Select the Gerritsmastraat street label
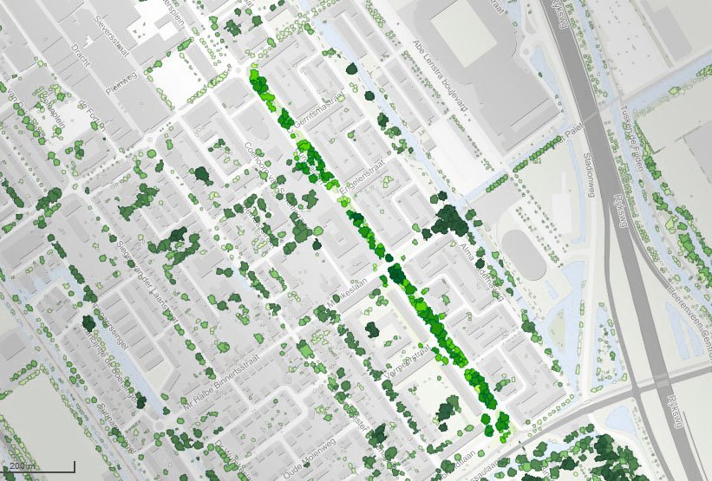click(x=320, y=111)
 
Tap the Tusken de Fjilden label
click(x=637, y=134)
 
